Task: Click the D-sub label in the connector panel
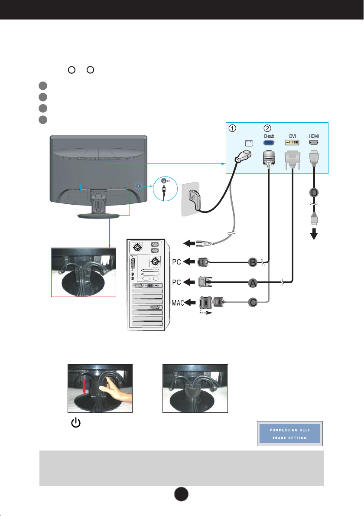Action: (269, 136)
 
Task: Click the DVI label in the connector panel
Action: (292, 136)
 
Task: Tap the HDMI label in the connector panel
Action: (314, 136)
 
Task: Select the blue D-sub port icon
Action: (269, 143)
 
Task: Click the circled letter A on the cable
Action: (253, 283)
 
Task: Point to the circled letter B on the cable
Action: (253, 262)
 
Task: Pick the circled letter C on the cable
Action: (253, 302)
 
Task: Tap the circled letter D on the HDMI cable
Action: (314, 193)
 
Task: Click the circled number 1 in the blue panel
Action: (232, 128)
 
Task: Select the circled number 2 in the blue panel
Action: (268, 128)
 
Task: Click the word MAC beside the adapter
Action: (178, 303)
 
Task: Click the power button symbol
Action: (76, 422)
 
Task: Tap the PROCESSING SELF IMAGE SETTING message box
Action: (290, 434)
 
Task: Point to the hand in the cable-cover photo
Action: (115, 392)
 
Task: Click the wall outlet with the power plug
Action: (191, 199)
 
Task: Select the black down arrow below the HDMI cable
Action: (314, 234)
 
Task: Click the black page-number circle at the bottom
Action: (181, 494)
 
